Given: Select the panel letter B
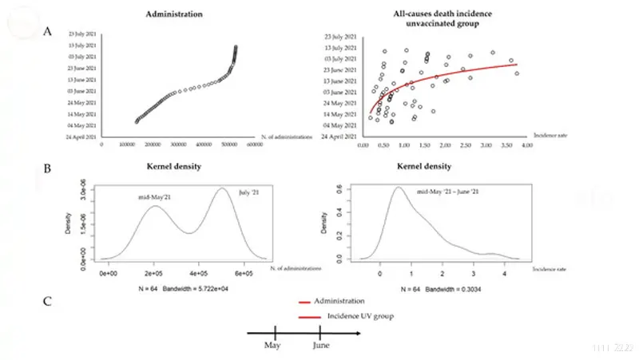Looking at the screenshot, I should point(50,170).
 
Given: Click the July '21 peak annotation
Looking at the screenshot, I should point(250,192).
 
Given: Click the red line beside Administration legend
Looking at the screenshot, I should point(304,303).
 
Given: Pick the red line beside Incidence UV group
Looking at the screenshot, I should point(304,318).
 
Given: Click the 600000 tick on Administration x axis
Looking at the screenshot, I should point(254,144).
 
